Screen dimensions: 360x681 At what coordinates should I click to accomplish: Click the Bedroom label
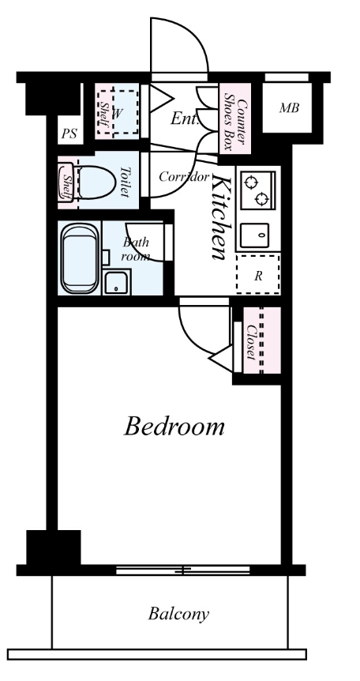coord(174,427)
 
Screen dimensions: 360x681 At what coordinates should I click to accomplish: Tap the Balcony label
coord(178,614)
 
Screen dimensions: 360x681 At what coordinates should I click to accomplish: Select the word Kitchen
coord(219,216)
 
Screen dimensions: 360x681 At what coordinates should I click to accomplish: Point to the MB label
coord(289,107)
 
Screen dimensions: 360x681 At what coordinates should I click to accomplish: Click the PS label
coord(69,134)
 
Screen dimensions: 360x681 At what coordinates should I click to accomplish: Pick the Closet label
coord(251,342)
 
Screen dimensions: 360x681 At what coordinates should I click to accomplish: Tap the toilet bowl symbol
coord(96,182)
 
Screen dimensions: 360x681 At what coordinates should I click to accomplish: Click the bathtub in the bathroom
coord(79,258)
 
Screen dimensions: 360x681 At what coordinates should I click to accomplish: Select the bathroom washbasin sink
coord(116,282)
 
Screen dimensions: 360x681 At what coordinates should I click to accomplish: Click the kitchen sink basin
coord(255,235)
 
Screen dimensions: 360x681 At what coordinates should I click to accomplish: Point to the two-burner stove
coord(258,190)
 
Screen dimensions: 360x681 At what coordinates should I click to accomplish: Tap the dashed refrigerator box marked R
coord(258,275)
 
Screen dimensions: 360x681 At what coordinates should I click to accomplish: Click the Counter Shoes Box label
coord(236,118)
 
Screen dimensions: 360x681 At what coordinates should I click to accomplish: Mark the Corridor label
coord(184,177)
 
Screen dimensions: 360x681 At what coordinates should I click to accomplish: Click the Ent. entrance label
coord(185,119)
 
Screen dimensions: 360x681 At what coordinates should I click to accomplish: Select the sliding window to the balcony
coord(183,570)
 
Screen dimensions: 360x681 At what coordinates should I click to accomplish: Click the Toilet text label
coord(125,182)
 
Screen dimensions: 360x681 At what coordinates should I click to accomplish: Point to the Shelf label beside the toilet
coord(68,187)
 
